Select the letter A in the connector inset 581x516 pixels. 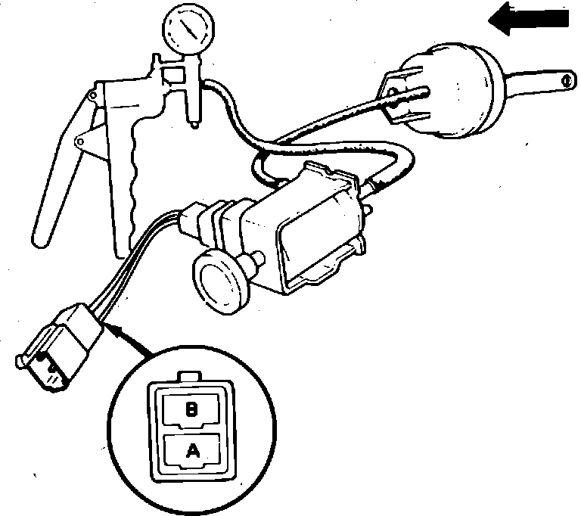click(192, 451)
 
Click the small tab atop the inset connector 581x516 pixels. click(192, 376)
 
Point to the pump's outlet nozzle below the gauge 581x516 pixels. click(194, 113)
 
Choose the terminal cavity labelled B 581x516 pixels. click(192, 410)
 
